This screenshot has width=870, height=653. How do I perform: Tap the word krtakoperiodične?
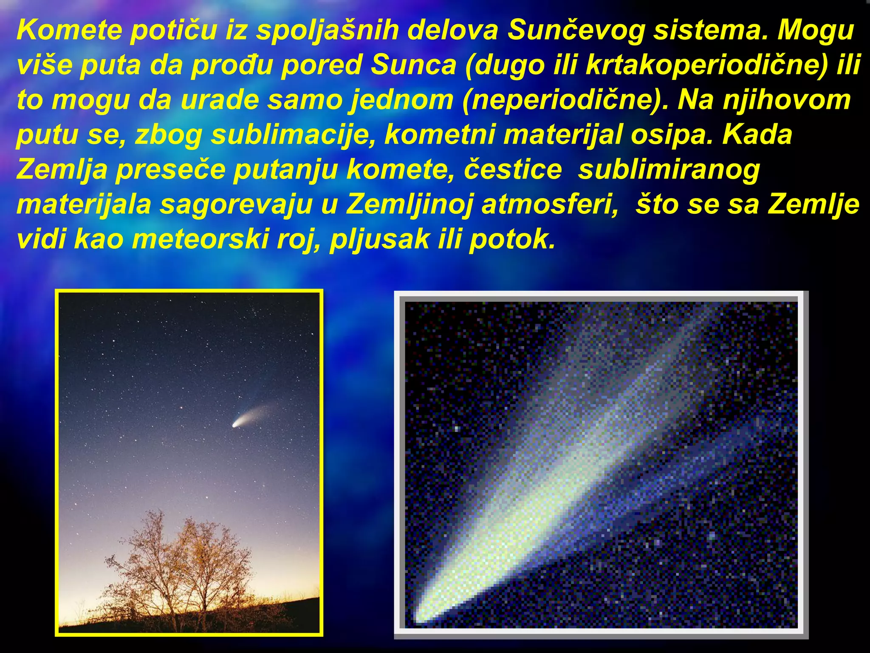[x=705, y=65]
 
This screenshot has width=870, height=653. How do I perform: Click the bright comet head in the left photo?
[x=236, y=423]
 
